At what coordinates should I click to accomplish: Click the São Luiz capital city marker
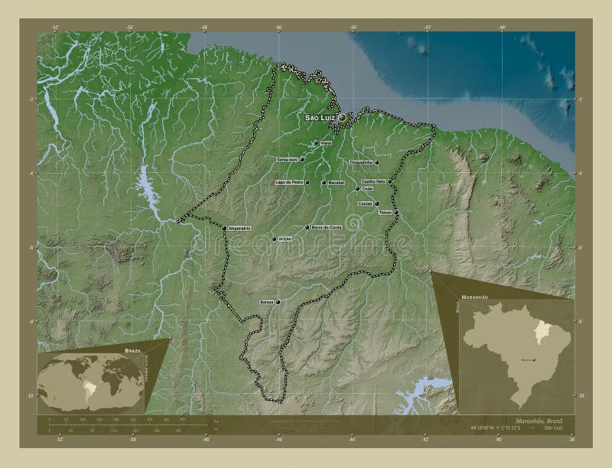click(342, 119)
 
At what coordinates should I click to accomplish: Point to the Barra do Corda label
click(326, 228)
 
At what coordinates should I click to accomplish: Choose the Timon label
click(387, 213)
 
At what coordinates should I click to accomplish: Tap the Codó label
click(367, 189)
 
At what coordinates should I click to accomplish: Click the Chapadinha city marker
click(377, 162)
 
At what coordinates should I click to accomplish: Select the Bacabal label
click(336, 184)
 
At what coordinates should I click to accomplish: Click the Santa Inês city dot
click(302, 159)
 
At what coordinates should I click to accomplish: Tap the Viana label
click(325, 144)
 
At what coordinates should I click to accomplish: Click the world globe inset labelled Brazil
click(90, 380)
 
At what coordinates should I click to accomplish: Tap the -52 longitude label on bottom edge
click(60, 440)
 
